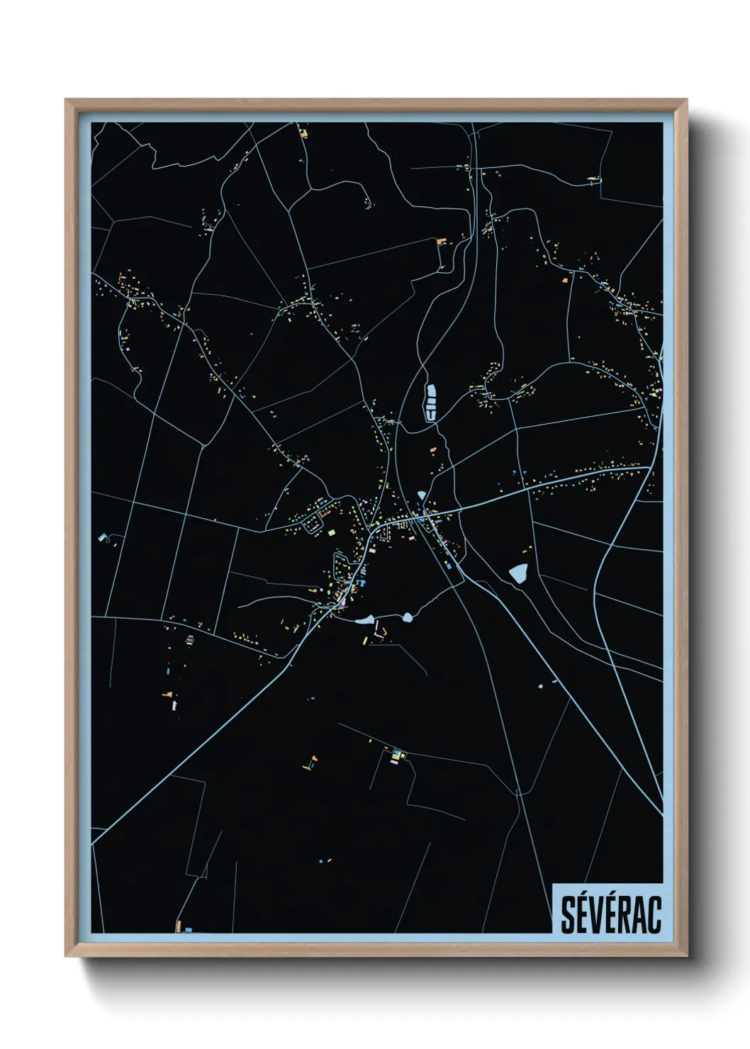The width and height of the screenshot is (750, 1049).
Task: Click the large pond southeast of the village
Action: [519, 573]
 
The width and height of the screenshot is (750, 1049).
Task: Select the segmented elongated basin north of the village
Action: [430, 401]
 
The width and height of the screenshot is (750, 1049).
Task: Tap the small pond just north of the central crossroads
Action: [422, 495]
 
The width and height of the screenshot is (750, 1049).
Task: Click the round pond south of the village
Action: [408, 617]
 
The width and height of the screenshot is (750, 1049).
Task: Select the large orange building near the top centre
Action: [441, 242]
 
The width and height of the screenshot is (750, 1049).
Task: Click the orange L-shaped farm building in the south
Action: [309, 764]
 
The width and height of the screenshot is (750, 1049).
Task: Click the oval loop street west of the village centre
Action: [311, 525]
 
